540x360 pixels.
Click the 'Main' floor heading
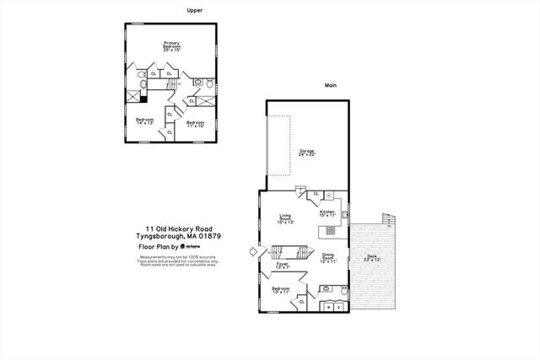[x=332, y=85]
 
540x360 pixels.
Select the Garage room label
[x=307, y=153]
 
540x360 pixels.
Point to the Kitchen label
[x=327, y=214]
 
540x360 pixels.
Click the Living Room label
[x=285, y=220]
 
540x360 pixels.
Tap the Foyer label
[x=283, y=266]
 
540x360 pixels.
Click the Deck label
[x=371, y=258]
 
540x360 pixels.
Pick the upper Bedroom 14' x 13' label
[x=144, y=121]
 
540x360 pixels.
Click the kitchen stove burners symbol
[x=330, y=230]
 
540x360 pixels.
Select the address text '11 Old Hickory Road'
[x=178, y=228]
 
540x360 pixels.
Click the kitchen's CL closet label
[x=316, y=195]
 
